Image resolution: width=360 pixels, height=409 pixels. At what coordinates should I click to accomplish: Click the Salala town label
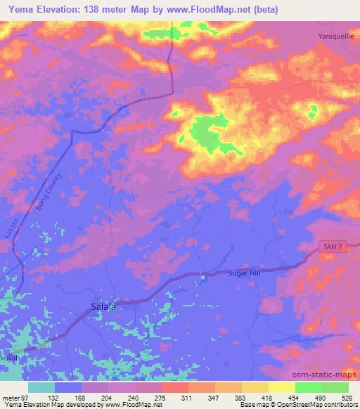[x=103, y=306]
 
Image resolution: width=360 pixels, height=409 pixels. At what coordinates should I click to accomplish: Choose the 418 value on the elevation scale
[x=268, y=397]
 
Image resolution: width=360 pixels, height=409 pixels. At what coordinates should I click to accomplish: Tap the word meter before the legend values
[x=11, y=397]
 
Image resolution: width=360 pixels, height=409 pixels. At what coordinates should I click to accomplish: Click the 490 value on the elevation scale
[x=321, y=397]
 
